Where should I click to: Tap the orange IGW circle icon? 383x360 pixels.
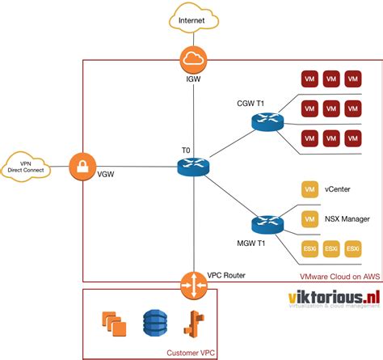point(193,58)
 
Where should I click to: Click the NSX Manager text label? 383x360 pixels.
point(346,218)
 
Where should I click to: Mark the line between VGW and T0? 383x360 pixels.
point(137,167)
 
